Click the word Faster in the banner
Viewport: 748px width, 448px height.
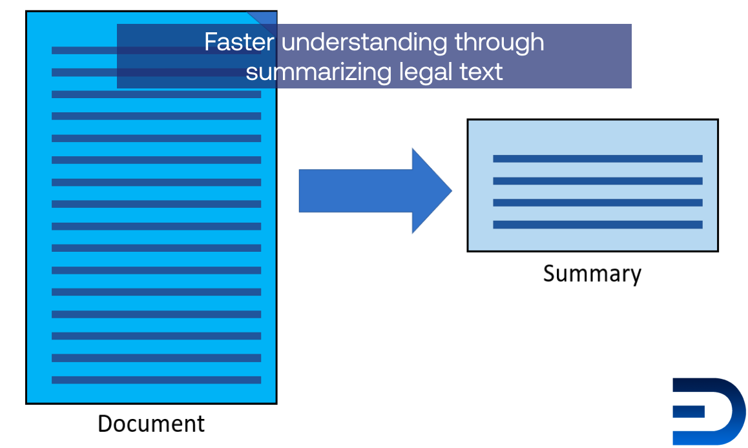point(239,42)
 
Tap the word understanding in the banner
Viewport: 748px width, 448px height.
point(364,43)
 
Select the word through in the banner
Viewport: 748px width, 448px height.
point(499,43)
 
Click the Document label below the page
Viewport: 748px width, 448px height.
point(151,423)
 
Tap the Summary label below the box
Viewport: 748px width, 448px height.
point(592,274)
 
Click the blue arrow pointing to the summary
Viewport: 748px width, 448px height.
point(375,190)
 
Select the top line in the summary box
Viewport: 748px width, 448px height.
point(597,159)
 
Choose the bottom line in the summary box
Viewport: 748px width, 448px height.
point(597,225)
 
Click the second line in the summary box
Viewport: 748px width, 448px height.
point(597,181)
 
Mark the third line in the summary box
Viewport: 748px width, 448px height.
point(597,203)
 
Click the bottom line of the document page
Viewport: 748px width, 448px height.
point(156,380)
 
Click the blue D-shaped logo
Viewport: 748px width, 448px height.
point(709,412)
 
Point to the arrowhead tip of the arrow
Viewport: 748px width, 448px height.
point(452,190)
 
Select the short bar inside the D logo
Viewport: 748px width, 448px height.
point(689,411)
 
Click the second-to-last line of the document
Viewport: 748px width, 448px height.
point(156,358)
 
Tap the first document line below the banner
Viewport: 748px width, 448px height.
point(156,94)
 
